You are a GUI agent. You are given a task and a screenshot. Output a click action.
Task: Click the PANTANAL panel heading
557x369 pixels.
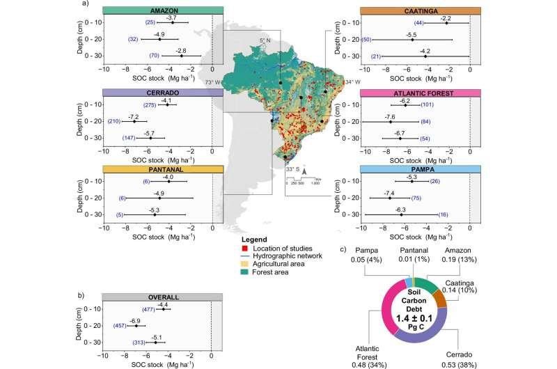[163, 169]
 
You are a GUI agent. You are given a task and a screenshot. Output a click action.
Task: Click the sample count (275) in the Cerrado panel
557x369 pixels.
[151, 105]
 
